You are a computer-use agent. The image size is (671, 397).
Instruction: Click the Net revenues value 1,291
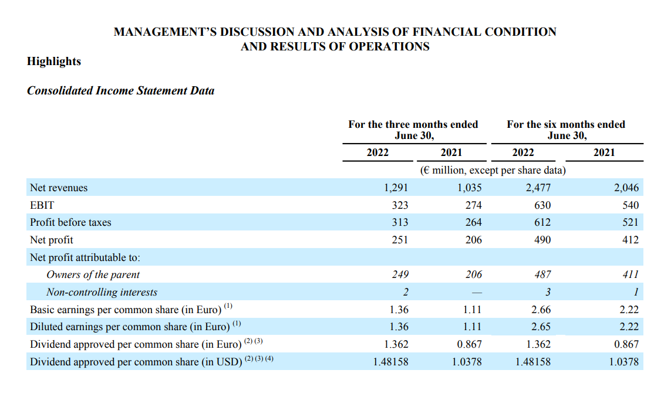[x=396, y=188]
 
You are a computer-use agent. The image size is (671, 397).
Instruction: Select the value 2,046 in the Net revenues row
[x=626, y=188]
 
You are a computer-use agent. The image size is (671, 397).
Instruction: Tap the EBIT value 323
[x=400, y=205]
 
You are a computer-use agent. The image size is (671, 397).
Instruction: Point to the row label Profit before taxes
[x=70, y=222]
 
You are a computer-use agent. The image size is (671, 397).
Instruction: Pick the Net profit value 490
[x=542, y=240]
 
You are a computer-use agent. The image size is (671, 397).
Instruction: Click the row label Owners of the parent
[x=93, y=274]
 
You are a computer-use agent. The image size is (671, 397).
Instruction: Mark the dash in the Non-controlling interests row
[x=477, y=293]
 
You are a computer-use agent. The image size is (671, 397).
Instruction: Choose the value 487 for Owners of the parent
[x=542, y=274]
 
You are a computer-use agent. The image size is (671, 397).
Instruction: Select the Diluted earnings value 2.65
[x=541, y=327]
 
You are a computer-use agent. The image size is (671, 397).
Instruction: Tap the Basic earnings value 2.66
[x=541, y=310]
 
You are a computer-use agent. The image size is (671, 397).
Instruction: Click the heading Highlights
[x=54, y=62]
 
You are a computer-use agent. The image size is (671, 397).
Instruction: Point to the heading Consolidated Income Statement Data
[x=121, y=90]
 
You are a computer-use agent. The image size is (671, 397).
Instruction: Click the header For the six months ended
[x=566, y=124]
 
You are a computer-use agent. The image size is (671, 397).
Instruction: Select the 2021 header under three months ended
[x=451, y=152]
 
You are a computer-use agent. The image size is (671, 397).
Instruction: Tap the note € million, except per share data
[x=493, y=171]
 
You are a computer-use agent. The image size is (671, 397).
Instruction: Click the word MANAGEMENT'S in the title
[x=165, y=32]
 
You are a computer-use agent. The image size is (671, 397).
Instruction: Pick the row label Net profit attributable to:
[x=85, y=257]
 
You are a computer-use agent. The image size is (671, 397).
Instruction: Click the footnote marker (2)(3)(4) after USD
[x=259, y=358]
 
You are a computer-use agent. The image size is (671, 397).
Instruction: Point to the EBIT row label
[x=42, y=205]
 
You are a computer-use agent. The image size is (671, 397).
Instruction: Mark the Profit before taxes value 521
[x=630, y=222]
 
